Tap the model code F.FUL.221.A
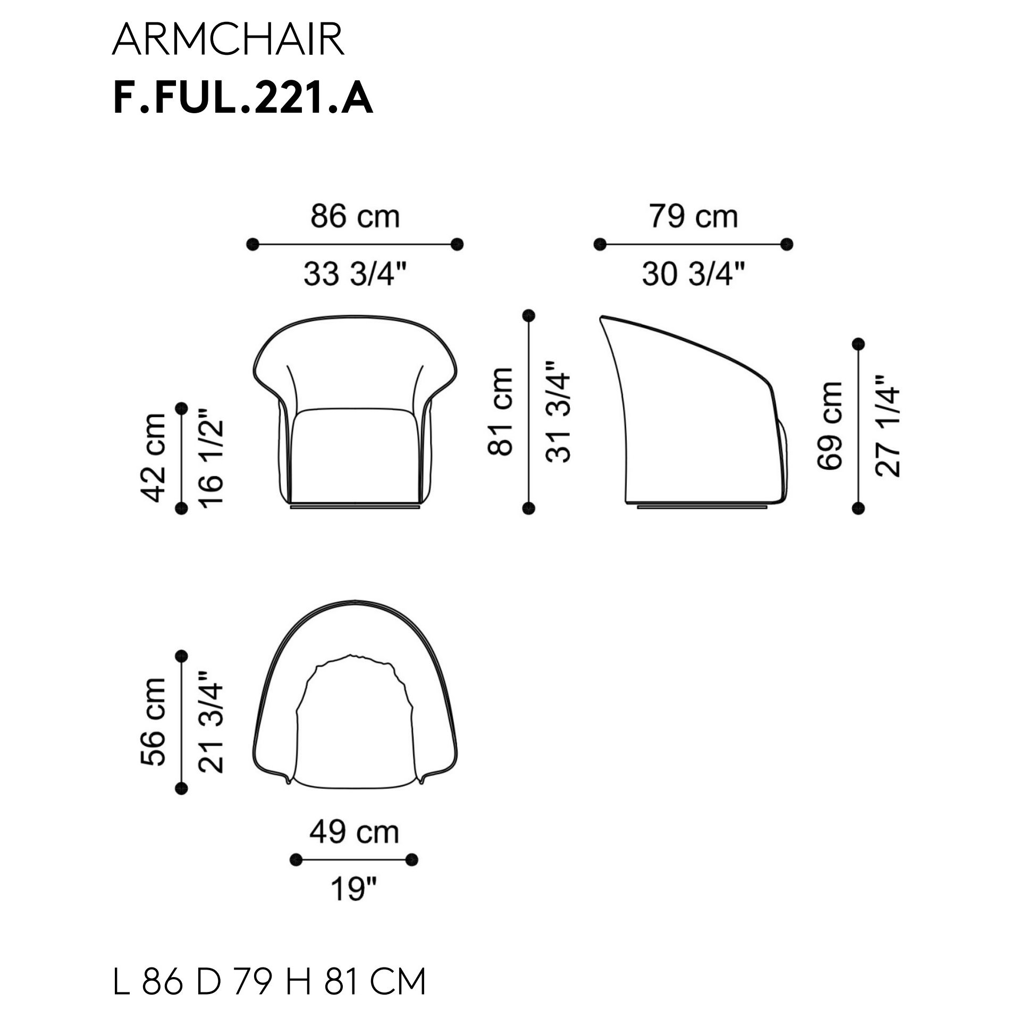pyautogui.click(x=243, y=98)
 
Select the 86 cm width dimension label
pyautogui.click(x=355, y=217)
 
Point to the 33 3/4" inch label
pyautogui.click(x=355, y=274)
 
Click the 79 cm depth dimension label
pyautogui.click(x=693, y=217)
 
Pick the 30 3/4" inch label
pyautogui.click(x=693, y=274)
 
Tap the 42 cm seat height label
pyautogui.click(x=154, y=458)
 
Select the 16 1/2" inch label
pyautogui.click(x=211, y=458)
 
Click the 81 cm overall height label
pyautogui.click(x=500, y=411)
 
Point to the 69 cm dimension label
pyautogui.click(x=830, y=426)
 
